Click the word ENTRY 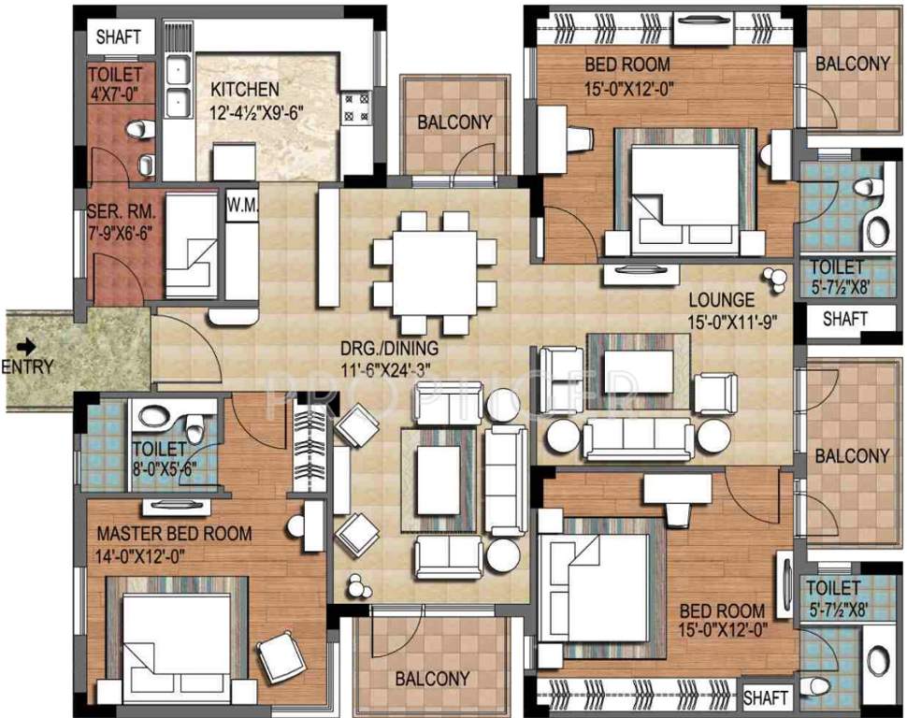click(x=27, y=366)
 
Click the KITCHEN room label click(x=244, y=90)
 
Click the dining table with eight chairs click(x=433, y=272)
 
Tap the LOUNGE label click(x=721, y=300)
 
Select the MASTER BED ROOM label click(x=175, y=534)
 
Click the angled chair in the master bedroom click(x=281, y=658)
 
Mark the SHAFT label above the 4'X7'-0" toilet click(x=120, y=37)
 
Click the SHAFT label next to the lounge click(x=845, y=318)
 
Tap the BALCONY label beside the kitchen click(x=454, y=122)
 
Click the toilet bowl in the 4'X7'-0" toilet click(x=135, y=129)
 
